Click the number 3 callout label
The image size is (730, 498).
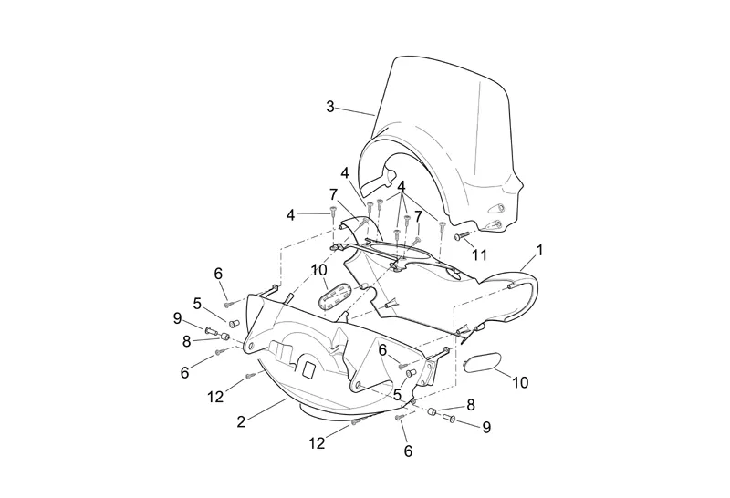click(x=330, y=107)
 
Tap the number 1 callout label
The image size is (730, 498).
click(x=540, y=248)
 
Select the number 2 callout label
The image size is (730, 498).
click(x=240, y=421)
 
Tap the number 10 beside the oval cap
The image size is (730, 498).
click(x=519, y=382)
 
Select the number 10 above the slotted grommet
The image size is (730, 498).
click(x=318, y=270)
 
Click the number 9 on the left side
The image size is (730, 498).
click(x=178, y=317)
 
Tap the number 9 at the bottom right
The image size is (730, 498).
click(x=486, y=426)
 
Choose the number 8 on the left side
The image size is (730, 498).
click(x=188, y=341)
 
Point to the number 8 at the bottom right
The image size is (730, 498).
click(x=471, y=404)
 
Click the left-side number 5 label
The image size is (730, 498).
click(x=197, y=302)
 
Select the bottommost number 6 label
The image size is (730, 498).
click(x=407, y=451)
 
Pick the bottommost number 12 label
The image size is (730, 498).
click(x=317, y=442)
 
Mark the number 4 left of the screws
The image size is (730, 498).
click(x=291, y=214)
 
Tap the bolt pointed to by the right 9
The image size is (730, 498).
click(x=449, y=418)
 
